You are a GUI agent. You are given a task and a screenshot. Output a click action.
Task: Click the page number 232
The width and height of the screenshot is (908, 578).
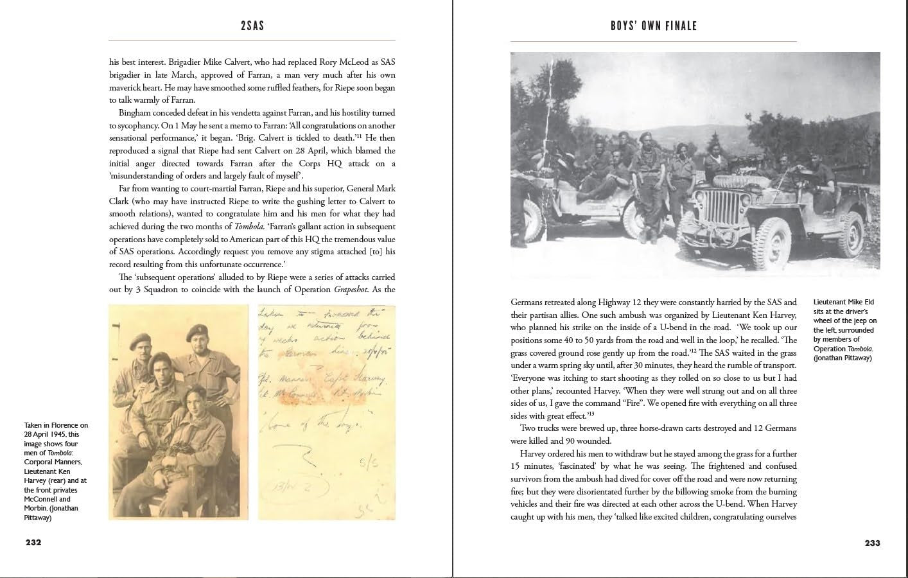(x=33, y=542)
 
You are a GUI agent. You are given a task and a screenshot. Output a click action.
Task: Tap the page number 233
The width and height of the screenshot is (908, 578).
(x=872, y=543)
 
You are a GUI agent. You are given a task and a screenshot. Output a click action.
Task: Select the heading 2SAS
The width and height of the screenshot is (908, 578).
(x=251, y=26)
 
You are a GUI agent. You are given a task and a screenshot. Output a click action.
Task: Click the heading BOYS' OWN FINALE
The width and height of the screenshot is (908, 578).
(x=654, y=26)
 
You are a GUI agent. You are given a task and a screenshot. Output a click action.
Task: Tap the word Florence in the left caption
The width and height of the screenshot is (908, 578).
(x=64, y=425)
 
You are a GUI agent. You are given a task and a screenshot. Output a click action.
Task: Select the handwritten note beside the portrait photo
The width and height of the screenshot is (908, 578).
(x=327, y=411)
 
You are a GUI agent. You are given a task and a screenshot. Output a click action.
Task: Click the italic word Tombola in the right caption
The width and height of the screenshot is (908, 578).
(x=860, y=349)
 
